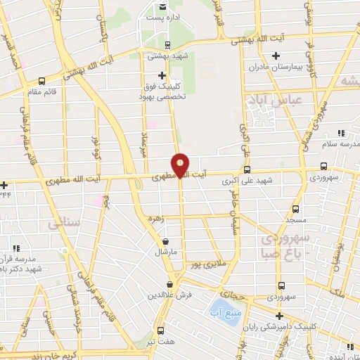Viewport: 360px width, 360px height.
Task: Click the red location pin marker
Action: (181, 165)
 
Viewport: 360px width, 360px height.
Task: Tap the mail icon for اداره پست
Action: (164, 7)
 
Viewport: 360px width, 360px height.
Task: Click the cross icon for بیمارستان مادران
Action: (276, 56)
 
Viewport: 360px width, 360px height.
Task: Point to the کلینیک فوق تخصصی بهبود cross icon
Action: (163, 75)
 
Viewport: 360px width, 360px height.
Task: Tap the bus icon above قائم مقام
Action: (42, 81)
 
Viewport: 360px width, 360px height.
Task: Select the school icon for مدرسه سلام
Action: (341, 133)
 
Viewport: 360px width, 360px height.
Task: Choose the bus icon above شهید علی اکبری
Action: (246, 169)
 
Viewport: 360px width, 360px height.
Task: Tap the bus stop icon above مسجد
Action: (295, 209)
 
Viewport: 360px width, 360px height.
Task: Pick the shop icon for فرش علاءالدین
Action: (169, 284)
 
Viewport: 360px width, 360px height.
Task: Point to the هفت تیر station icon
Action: (160, 330)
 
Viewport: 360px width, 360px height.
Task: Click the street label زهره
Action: (155, 219)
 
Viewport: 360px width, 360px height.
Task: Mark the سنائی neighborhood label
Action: (65, 224)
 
